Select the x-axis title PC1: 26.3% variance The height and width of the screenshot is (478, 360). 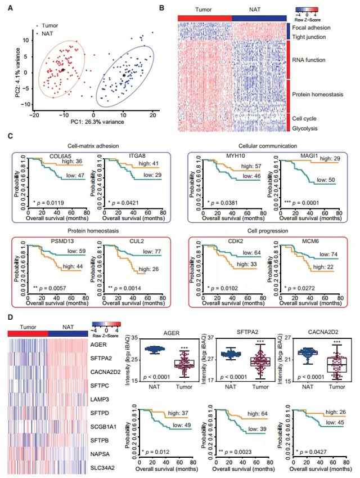pos(81,123)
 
